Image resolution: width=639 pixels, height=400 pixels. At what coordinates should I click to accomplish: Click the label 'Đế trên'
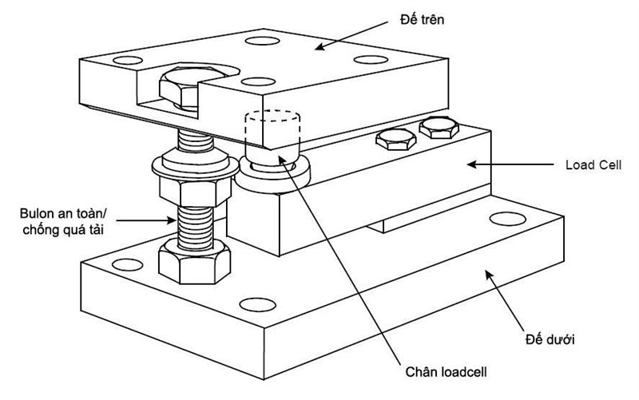click(422, 19)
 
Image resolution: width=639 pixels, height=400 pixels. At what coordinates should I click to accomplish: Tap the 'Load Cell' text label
click(593, 165)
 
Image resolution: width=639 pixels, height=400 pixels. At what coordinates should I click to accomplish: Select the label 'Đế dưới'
click(550, 339)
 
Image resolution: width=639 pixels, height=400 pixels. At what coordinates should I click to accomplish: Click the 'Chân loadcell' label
click(447, 372)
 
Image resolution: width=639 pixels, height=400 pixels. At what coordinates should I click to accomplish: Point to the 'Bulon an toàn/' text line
click(63, 213)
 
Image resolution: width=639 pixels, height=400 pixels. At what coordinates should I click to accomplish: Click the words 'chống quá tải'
click(63, 230)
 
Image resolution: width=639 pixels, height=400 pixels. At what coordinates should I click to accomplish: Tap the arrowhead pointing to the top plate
click(319, 47)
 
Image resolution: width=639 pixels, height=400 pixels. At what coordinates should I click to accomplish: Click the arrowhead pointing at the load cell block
click(471, 164)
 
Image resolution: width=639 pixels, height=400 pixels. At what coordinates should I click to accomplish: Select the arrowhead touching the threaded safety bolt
click(172, 221)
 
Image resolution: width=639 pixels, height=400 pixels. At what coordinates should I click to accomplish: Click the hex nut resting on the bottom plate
click(194, 262)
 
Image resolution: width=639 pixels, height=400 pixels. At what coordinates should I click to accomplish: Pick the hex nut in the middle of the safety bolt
click(195, 192)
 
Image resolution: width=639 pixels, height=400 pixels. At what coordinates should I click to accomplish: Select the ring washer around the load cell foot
click(273, 174)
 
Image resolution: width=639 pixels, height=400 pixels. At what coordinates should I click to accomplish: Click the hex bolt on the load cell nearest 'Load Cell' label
click(439, 128)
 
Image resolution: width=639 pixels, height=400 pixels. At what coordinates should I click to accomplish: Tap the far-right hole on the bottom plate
click(507, 219)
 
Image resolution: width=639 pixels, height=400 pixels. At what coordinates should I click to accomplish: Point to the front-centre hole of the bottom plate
click(257, 305)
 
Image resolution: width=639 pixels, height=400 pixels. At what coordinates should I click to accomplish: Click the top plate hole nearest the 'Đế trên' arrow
click(263, 41)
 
